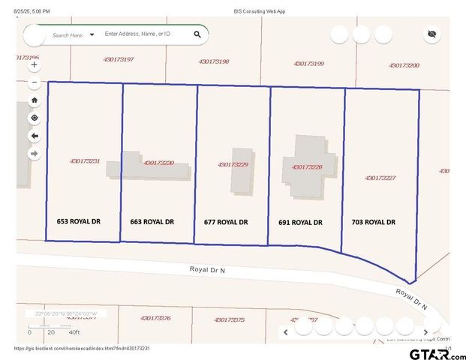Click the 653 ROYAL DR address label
click(78, 222)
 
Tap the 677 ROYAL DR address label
click(226, 222)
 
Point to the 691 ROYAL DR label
click(300, 222)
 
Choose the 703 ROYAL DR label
click(373, 222)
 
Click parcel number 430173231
click(84, 161)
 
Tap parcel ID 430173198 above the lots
click(214, 61)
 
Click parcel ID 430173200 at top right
click(404, 65)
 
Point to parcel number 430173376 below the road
click(155, 318)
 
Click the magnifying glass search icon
click(197, 34)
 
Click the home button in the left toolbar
click(34, 100)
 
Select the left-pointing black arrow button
click(34, 136)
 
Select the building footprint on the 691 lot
click(306, 163)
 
